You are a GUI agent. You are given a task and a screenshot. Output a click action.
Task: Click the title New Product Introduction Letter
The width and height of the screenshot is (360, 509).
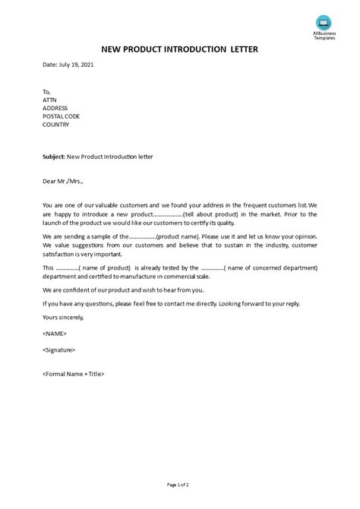(178, 50)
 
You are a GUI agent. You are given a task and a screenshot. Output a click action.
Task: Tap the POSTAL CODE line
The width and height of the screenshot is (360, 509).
(62, 116)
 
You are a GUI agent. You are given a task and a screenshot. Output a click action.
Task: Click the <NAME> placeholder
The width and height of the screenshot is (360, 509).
(55, 334)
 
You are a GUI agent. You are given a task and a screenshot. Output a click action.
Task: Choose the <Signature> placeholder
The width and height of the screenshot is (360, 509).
(59, 349)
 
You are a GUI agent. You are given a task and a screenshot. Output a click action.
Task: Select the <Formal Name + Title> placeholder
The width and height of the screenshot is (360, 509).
(74, 374)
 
